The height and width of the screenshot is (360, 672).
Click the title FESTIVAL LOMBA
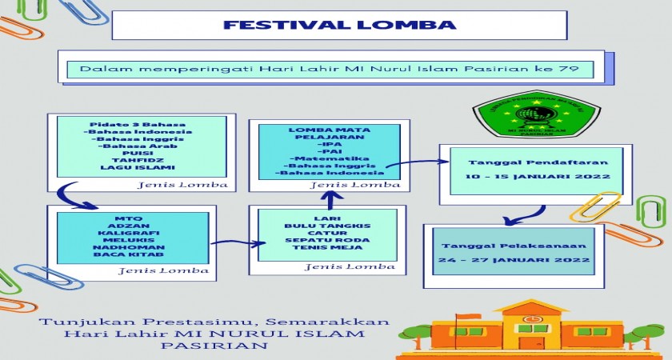tap(339, 25)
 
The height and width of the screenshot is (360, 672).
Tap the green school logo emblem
tap(525, 114)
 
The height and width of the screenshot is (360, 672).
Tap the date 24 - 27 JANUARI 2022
tap(513, 261)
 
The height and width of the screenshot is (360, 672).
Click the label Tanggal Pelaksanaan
tap(513, 246)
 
